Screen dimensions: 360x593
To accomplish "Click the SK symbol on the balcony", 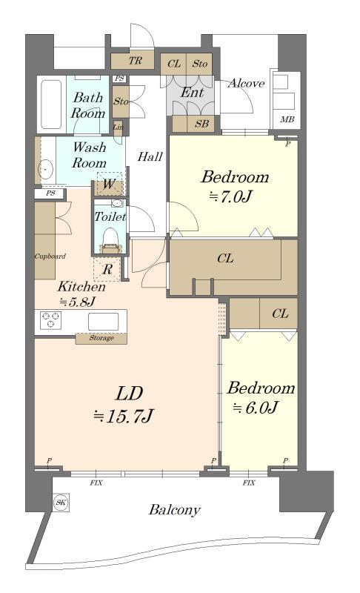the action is [x=61, y=502].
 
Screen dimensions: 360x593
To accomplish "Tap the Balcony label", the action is [x=174, y=510].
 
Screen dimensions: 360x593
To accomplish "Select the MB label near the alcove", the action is [x=287, y=119].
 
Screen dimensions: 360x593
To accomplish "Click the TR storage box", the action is [x=133, y=60].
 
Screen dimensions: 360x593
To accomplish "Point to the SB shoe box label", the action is [x=201, y=124].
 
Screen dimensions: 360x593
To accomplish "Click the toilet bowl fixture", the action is [x=110, y=236].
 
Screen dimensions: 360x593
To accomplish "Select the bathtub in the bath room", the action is [x=51, y=104].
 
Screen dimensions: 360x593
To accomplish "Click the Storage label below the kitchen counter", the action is [x=101, y=338].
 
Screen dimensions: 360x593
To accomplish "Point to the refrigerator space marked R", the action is [x=107, y=269].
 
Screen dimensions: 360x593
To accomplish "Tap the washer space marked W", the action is [x=109, y=184].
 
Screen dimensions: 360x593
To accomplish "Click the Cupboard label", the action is [x=50, y=256].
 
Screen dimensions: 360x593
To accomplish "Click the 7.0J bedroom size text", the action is [x=235, y=196].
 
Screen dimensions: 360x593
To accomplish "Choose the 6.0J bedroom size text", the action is [x=261, y=407].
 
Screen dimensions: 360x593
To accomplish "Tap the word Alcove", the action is [x=246, y=83].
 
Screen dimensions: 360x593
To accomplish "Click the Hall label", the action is [x=150, y=156].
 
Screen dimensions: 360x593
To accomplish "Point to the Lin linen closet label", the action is [x=119, y=127].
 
